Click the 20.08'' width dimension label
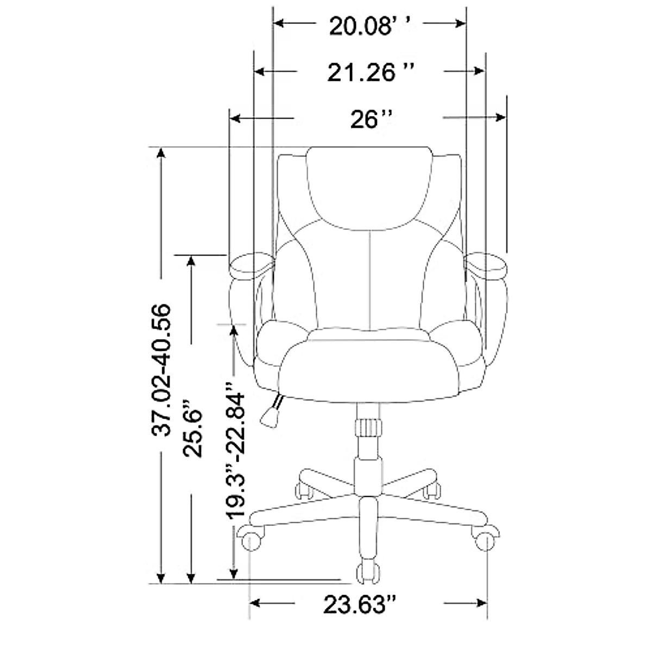[371, 27]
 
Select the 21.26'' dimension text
[371, 72]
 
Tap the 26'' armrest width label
[372, 119]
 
